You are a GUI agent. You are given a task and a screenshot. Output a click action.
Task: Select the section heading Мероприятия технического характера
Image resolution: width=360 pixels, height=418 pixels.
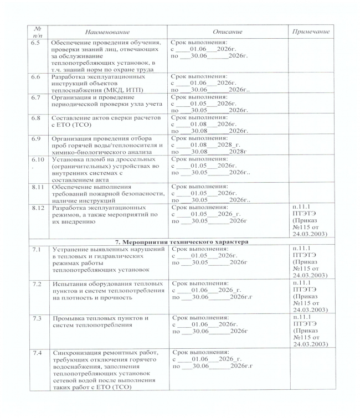tap(183, 242)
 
